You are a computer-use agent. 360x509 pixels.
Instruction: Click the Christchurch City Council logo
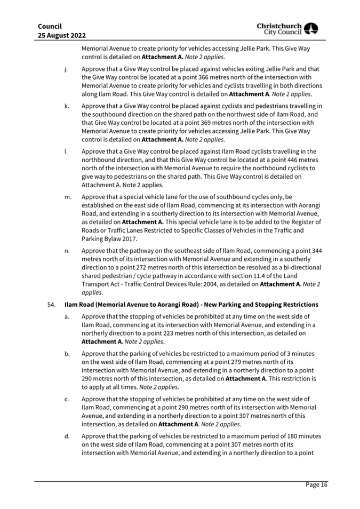(x=287, y=30)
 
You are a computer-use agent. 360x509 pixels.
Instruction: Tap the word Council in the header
(x=50, y=26)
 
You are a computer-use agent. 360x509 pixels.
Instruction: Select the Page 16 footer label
(x=316, y=484)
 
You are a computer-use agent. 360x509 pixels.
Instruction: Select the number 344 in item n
(x=315, y=250)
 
